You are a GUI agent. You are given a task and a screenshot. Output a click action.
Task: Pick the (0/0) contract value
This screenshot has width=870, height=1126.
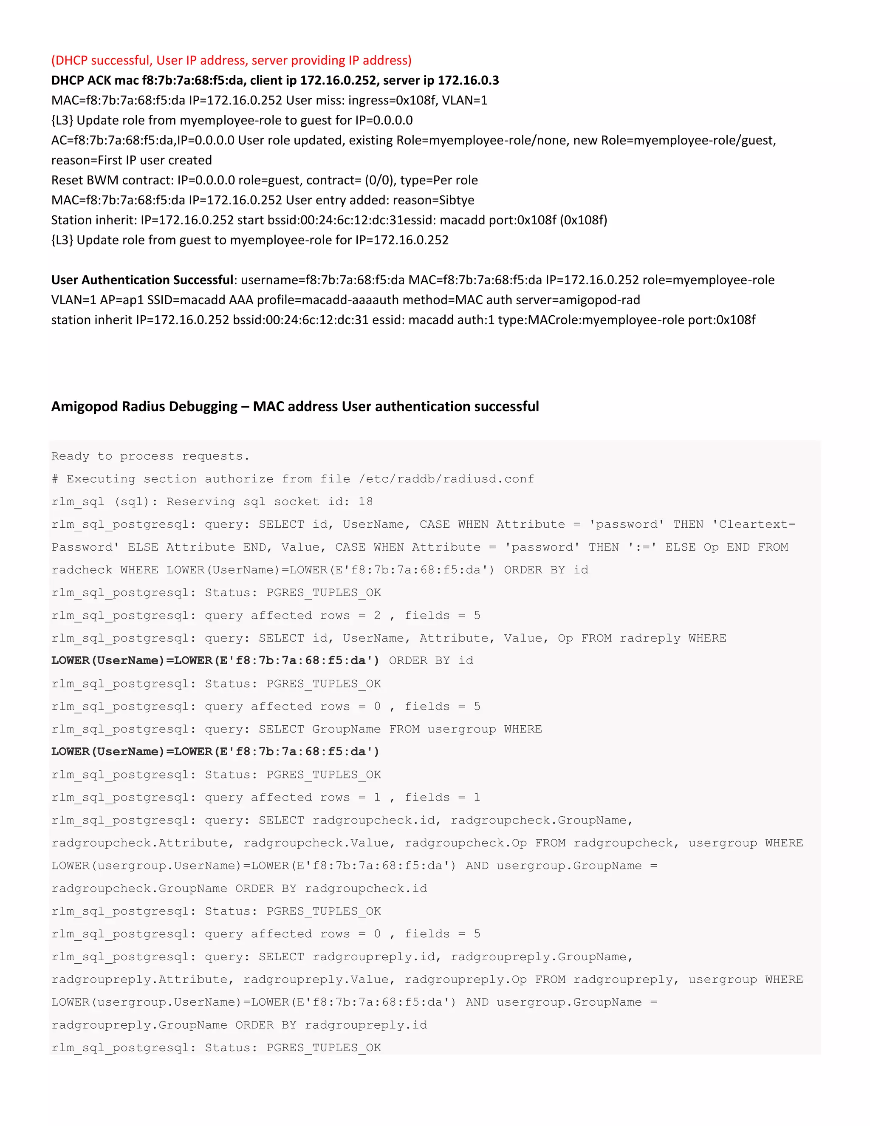pos(380,181)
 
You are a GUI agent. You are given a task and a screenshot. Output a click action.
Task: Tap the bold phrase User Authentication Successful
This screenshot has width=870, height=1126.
pos(142,280)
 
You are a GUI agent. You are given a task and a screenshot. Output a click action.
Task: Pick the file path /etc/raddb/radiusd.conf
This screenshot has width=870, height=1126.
pos(446,479)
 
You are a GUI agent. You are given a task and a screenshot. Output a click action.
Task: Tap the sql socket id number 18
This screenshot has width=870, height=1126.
pos(365,502)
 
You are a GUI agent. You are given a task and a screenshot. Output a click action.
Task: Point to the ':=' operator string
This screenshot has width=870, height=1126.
pos(642,547)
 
